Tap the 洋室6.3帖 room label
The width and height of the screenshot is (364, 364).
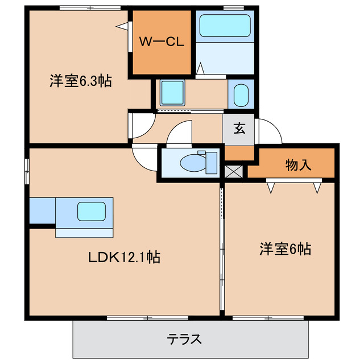pos(80,81)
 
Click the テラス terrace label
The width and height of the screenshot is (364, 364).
pos(184,340)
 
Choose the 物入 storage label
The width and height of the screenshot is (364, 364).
pos(298,166)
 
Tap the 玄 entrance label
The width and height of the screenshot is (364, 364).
pos(239,128)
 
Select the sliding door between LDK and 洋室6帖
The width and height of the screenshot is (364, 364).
pos(222,250)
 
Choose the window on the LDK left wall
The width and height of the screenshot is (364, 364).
pos(26,171)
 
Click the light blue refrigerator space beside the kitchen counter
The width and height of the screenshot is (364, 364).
pos(42,210)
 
